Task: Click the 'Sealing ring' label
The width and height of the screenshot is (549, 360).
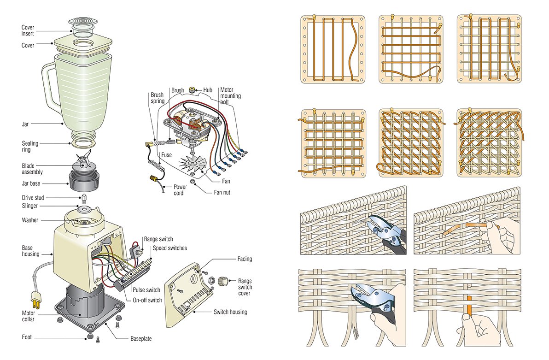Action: (x=30, y=147)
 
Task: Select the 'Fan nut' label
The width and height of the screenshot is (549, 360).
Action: (x=222, y=192)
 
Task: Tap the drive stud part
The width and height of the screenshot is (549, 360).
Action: (x=84, y=198)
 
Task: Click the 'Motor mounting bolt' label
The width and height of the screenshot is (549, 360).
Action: (x=230, y=96)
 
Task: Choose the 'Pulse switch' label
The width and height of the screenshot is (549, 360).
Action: (x=146, y=290)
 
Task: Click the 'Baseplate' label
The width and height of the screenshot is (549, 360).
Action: (x=141, y=339)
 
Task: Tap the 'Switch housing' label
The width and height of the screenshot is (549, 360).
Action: (x=230, y=312)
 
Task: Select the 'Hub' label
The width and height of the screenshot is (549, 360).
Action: (x=208, y=90)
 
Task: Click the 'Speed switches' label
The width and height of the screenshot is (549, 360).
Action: (x=170, y=248)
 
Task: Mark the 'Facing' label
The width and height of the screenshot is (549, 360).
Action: (x=245, y=259)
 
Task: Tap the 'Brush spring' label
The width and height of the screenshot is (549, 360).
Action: (x=157, y=98)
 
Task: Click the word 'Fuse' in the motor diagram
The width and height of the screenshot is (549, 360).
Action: (x=166, y=155)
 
